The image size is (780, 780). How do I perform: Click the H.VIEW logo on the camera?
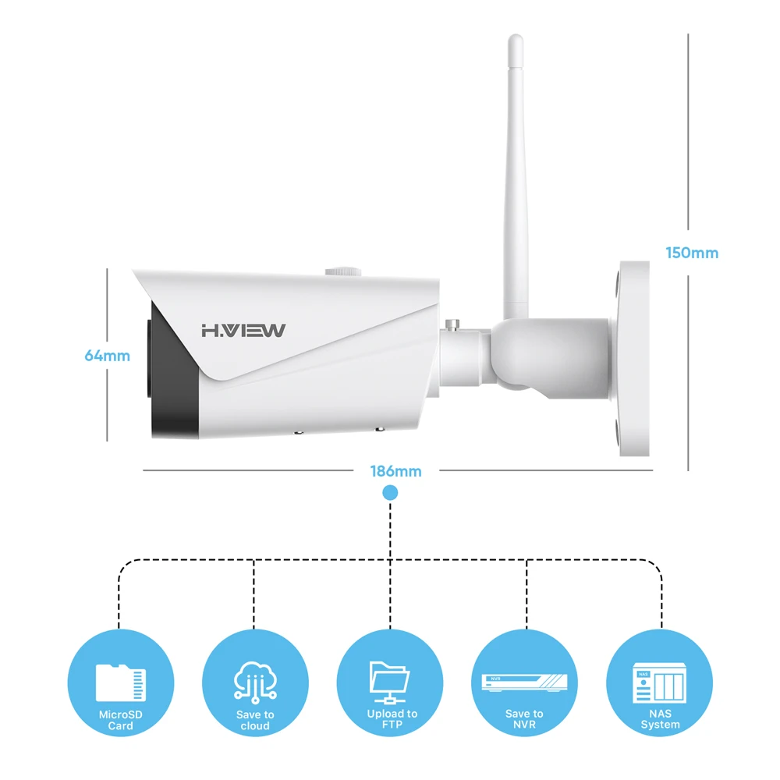243,330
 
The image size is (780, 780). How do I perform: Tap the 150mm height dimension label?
692,253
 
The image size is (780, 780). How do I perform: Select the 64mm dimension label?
107,356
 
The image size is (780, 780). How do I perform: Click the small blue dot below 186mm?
390,493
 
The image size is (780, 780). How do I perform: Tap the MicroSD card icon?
120,682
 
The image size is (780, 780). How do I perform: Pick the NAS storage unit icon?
660,684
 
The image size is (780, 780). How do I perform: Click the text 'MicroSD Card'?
121,720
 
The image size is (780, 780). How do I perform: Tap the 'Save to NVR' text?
524,719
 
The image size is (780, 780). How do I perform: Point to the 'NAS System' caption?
660,719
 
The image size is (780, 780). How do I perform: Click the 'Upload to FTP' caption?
392,719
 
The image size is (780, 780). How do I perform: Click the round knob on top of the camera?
343,271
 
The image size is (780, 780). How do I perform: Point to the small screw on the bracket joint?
452,322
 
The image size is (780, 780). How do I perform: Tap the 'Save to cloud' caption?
255,720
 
